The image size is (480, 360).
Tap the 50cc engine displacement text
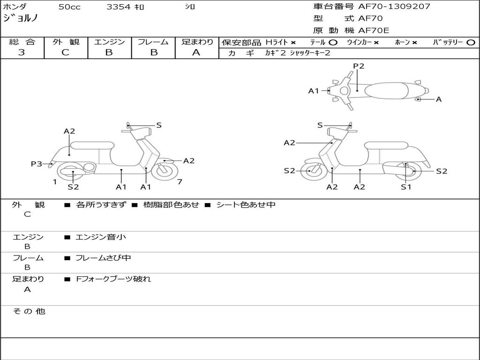68,7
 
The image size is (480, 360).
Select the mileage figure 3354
118,7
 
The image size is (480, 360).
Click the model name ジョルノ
21,18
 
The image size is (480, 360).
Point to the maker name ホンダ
15,7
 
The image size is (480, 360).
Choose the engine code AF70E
374,30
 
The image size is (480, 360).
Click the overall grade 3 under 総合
22,52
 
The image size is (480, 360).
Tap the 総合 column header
22,42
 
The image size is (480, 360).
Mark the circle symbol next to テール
333,42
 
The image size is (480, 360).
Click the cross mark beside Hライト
293,42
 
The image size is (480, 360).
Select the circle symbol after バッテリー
471,42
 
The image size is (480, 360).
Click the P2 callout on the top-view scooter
359,66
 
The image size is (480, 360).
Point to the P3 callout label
37,164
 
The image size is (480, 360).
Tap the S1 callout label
406,187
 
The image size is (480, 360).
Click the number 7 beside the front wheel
180,181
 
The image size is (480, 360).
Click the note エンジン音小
101,237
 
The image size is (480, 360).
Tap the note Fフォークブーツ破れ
113,279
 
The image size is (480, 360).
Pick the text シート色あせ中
246,205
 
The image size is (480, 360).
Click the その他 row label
29,311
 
